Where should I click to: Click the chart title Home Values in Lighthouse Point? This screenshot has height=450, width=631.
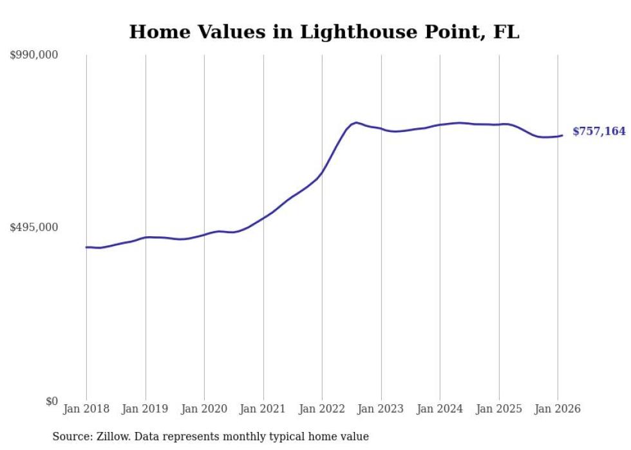(324, 32)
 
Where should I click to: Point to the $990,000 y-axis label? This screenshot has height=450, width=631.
(34, 55)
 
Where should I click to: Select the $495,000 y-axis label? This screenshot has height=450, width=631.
(34, 227)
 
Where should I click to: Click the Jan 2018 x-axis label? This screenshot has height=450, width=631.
(86, 409)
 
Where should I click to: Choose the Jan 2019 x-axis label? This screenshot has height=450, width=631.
(146, 409)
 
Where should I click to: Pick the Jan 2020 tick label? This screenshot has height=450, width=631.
(204, 409)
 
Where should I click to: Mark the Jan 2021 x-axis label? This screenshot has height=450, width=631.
(263, 409)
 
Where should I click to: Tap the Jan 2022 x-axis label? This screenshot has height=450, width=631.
(322, 409)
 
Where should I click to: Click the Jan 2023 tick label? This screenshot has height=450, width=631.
(381, 409)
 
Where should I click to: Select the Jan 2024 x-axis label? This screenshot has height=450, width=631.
(440, 409)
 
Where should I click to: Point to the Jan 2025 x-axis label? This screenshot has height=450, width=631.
(499, 409)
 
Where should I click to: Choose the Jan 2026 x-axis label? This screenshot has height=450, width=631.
(558, 409)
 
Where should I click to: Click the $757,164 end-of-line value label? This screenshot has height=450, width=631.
(599, 132)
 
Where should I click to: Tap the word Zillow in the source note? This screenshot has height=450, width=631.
(113, 437)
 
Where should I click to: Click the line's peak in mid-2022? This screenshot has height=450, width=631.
(356, 122)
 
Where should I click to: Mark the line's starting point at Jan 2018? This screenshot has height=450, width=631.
(86, 247)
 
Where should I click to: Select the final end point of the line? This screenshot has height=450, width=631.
(562, 135)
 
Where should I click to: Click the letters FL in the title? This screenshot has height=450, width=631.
(507, 32)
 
